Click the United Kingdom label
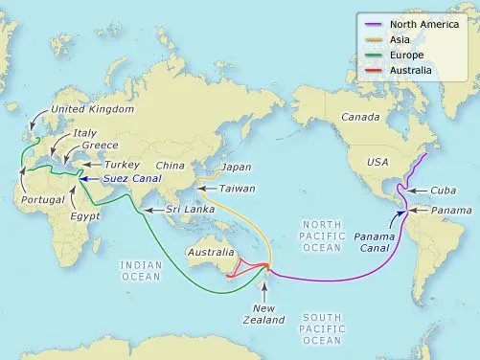click(94, 110)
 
